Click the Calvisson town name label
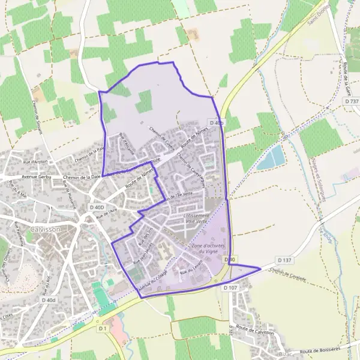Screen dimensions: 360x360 44,230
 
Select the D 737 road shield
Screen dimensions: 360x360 352,101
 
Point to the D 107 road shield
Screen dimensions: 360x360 230,289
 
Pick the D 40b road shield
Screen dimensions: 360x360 217,123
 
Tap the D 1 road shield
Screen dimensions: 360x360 103,328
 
